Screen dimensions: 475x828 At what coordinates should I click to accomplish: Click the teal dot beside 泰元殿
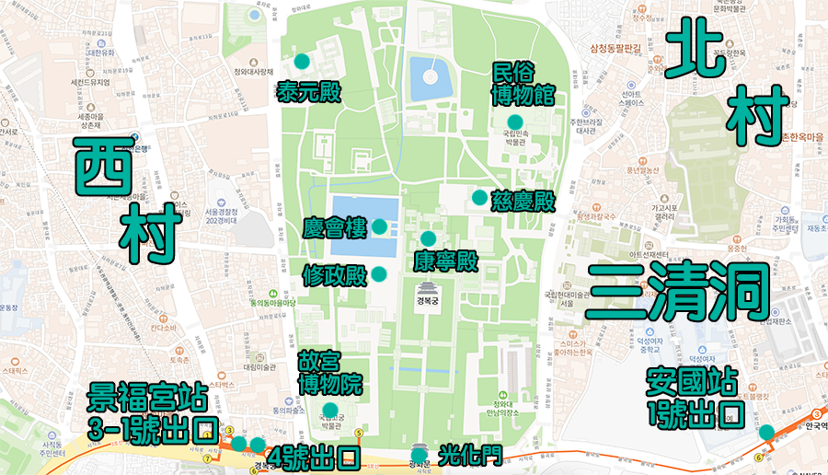[302, 62]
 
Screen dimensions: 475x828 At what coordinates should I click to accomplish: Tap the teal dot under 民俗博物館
[514, 122]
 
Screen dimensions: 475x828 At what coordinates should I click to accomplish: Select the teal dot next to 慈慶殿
[479, 197]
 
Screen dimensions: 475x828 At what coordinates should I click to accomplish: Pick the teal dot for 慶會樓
[379, 226]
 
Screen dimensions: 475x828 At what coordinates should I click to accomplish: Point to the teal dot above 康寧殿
[428, 238]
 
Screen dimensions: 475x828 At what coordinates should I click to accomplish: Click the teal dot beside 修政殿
[379, 273]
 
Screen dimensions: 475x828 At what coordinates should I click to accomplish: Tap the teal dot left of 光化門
[420, 455]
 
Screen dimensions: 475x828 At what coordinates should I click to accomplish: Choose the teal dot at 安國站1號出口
[766, 433]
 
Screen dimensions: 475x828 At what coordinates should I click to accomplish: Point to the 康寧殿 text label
[445, 261]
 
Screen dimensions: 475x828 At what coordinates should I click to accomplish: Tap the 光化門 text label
[469, 456]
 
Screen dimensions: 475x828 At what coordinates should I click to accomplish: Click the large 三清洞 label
[678, 291]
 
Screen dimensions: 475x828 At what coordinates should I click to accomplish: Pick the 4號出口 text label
[313, 457]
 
